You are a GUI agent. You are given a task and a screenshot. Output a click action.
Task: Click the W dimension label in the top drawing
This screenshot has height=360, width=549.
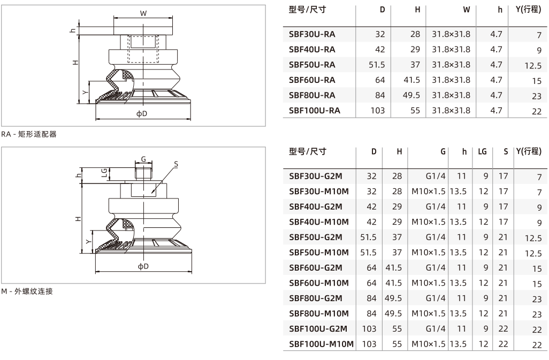tap(143, 14)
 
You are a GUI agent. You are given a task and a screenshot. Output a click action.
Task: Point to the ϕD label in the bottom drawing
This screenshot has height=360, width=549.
tap(143, 266)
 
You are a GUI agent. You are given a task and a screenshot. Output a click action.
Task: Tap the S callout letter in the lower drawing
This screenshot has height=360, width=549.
tap(176, 164)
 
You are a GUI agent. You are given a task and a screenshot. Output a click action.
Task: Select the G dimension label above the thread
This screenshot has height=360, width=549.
tap(143, 159)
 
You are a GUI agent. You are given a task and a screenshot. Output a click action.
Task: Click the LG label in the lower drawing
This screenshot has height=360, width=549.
tap(104, 172)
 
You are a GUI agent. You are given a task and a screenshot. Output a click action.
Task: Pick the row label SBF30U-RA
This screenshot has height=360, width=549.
tap(312, 34)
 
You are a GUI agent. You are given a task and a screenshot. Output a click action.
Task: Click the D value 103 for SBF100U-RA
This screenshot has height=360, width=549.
tap(377, 111)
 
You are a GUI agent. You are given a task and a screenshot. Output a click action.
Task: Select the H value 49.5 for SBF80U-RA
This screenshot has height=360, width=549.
tap(411, 95)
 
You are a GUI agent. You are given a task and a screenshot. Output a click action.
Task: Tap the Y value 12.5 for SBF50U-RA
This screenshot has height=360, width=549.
tap(533, 66)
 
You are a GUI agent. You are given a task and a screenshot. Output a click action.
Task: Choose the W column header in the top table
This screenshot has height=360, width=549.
tap(467, 10)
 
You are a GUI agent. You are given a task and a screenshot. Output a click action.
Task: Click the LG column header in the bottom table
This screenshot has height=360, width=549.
tap(482, 151)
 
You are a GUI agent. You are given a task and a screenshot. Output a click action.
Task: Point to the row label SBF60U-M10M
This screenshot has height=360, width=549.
tap(318, 283)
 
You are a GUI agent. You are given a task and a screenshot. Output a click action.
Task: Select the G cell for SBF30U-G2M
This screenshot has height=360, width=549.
tap(436, 176)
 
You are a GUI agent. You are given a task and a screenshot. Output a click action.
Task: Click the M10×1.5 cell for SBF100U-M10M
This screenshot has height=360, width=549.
tap(429, 344)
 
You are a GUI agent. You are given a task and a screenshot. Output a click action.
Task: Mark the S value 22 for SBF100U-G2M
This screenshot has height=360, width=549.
tap(503, 329)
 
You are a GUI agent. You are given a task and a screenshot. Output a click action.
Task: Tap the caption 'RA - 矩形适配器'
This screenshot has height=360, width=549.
tap(29, 134)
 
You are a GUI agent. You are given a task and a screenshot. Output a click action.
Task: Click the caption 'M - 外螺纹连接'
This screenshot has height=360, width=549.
tap(27, 291)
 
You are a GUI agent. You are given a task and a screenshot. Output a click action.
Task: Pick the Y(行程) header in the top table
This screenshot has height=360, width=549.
tap(528, 10)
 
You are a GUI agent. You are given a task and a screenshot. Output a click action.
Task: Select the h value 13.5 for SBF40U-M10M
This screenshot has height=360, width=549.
tap(459, 222)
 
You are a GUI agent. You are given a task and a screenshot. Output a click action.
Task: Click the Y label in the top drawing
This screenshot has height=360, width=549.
tap(85, 92)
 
